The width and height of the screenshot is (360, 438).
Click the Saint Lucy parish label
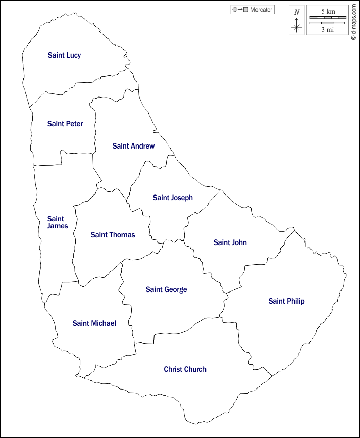point(64,55)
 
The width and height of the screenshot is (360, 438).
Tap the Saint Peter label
point(65,124)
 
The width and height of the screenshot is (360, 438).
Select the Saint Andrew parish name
point(133,146)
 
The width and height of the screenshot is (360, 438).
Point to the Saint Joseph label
point(173,198)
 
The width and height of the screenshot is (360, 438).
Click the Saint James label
point(57,222)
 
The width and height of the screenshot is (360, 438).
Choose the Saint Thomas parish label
point(113,235)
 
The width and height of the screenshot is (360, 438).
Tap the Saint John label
point(230,242)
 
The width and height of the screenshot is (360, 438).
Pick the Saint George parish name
point(166,289)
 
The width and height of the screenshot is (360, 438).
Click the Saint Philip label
point(286,301)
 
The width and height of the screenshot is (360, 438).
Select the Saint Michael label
point(94,323)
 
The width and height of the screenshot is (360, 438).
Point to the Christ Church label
point(185,369)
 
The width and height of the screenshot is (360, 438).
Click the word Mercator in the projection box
point(261,10)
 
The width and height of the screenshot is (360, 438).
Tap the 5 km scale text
point(328,11)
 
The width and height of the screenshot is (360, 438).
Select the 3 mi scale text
point(328,29)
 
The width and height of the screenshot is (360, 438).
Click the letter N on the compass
point(297,12)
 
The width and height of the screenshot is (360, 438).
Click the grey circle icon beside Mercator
point(235,10)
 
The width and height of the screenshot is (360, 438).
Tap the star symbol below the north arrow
point(297,28)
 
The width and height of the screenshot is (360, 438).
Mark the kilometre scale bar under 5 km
point(328,18)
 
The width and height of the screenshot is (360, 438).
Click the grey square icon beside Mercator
point(246,10)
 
